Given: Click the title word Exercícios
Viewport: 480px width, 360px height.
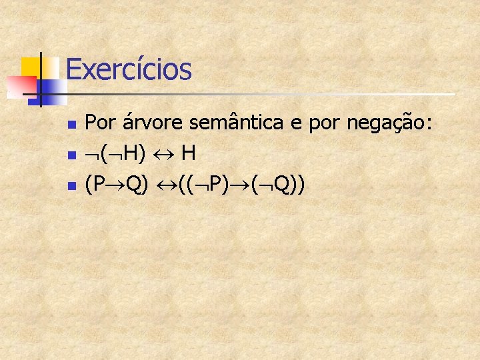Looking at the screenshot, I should click(129, 69).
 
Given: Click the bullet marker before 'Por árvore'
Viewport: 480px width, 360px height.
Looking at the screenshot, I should click(72, 125).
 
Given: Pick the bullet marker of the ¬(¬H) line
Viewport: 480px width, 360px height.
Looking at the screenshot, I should click(72, 155).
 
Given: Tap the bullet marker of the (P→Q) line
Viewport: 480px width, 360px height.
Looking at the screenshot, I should click(72, 186).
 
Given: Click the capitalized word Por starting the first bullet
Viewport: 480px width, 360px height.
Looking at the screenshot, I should click(100, 123).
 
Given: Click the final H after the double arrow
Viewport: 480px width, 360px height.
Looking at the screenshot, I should click(188, 154).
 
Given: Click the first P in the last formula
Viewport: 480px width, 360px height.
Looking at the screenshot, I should click(99, 185).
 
